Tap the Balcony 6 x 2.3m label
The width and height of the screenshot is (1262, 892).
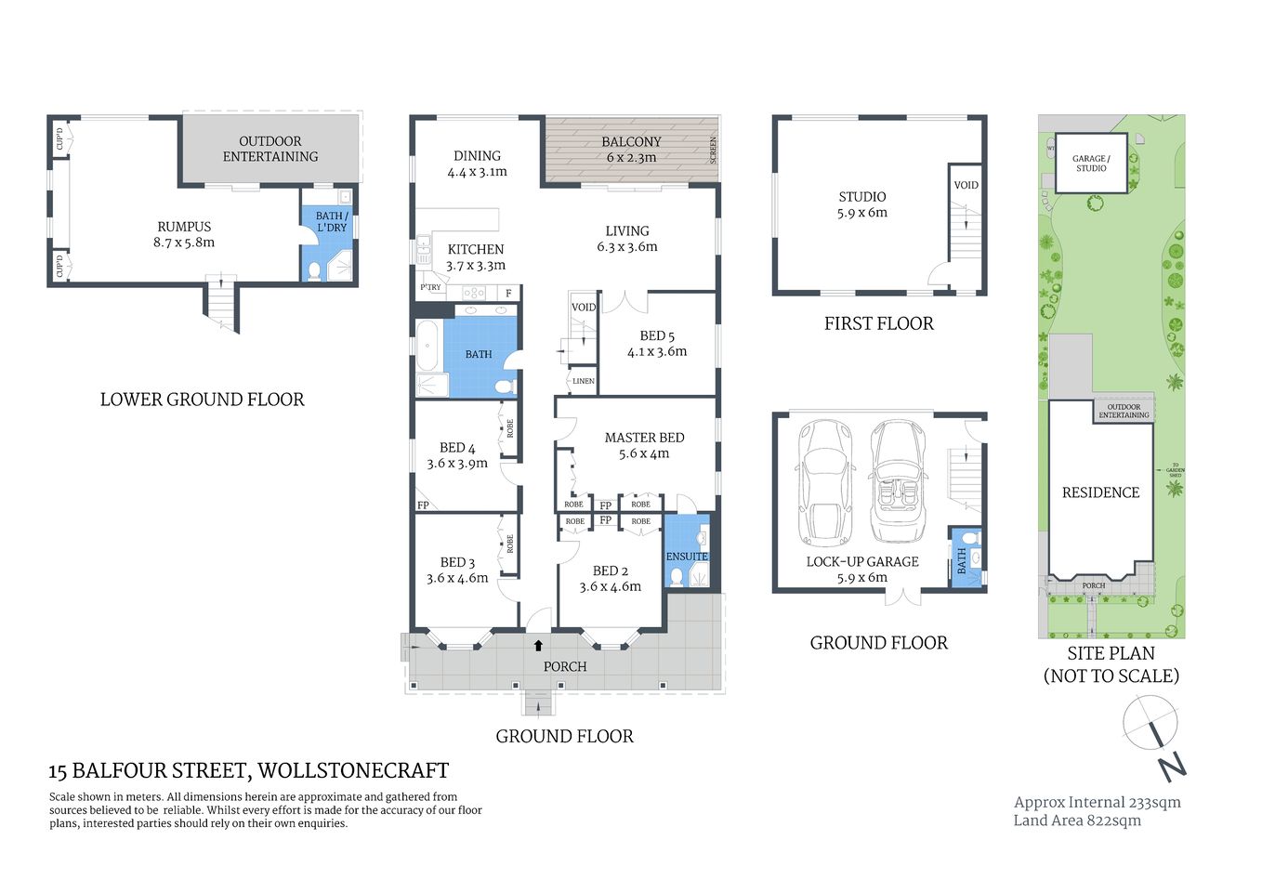coord(631,150)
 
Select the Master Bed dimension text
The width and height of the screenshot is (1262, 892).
coord(644,454)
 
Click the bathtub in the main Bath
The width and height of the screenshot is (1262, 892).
coord(427,347)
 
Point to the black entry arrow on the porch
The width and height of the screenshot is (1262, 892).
coord(538,645)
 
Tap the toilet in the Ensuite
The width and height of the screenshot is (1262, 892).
coord(677,577)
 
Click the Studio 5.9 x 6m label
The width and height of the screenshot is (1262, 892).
coord(862,204)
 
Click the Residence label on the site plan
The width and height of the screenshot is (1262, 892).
coord(1100,492)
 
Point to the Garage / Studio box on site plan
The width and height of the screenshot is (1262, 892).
coord(1091,164)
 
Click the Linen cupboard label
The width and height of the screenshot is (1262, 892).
coord(583,381)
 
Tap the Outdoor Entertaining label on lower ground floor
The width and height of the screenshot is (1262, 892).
coord(269,149)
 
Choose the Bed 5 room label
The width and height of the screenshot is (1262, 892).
coord(657,335)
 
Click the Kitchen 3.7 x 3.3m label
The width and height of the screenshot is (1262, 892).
coord(476,257)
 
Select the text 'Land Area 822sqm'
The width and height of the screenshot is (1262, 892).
coord(1077,820)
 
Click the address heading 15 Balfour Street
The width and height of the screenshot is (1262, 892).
coord(248,770)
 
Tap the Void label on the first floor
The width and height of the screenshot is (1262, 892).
coord(966,185)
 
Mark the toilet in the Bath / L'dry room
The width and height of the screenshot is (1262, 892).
coord(315,270)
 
